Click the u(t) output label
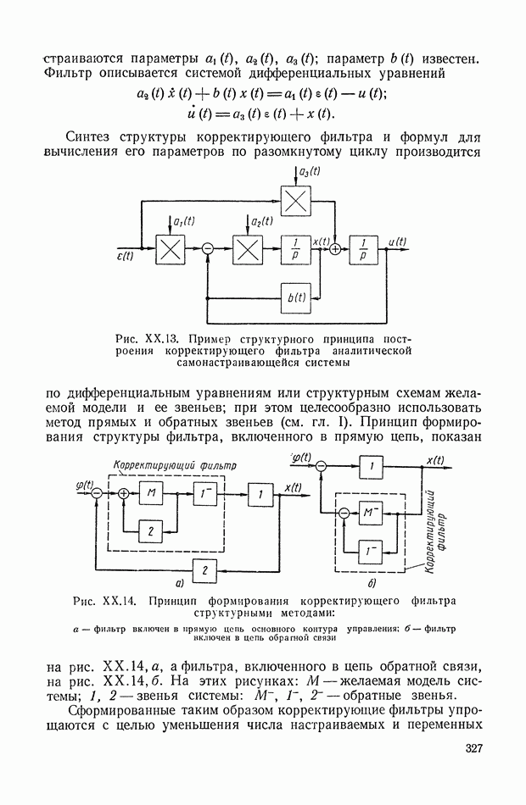(397, 241)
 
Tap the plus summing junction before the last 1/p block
(335, 250)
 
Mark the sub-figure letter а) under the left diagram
(179, 584)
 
